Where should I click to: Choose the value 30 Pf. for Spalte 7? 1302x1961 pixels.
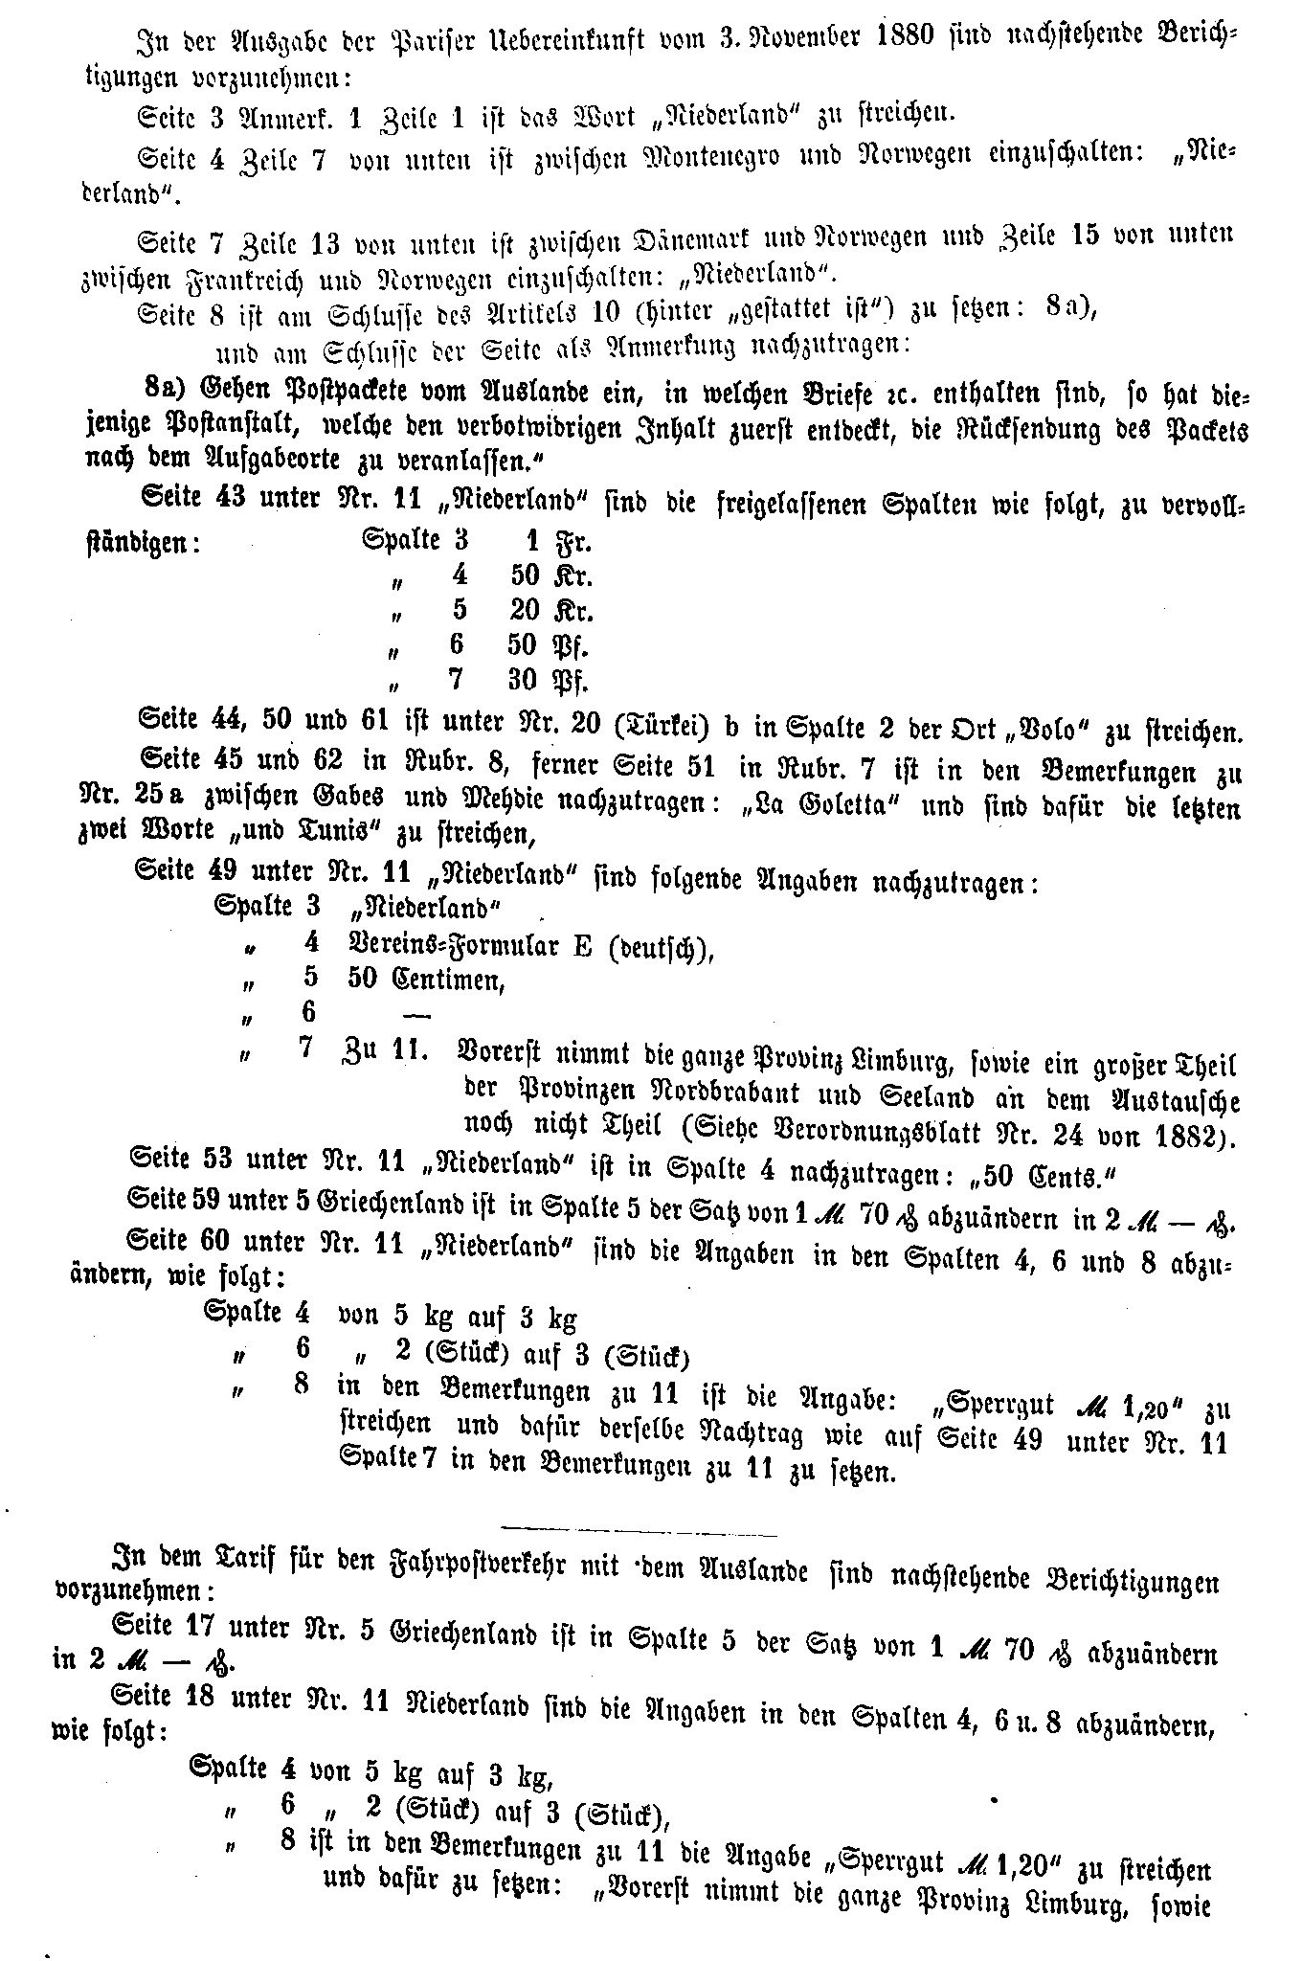coord(547,681)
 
